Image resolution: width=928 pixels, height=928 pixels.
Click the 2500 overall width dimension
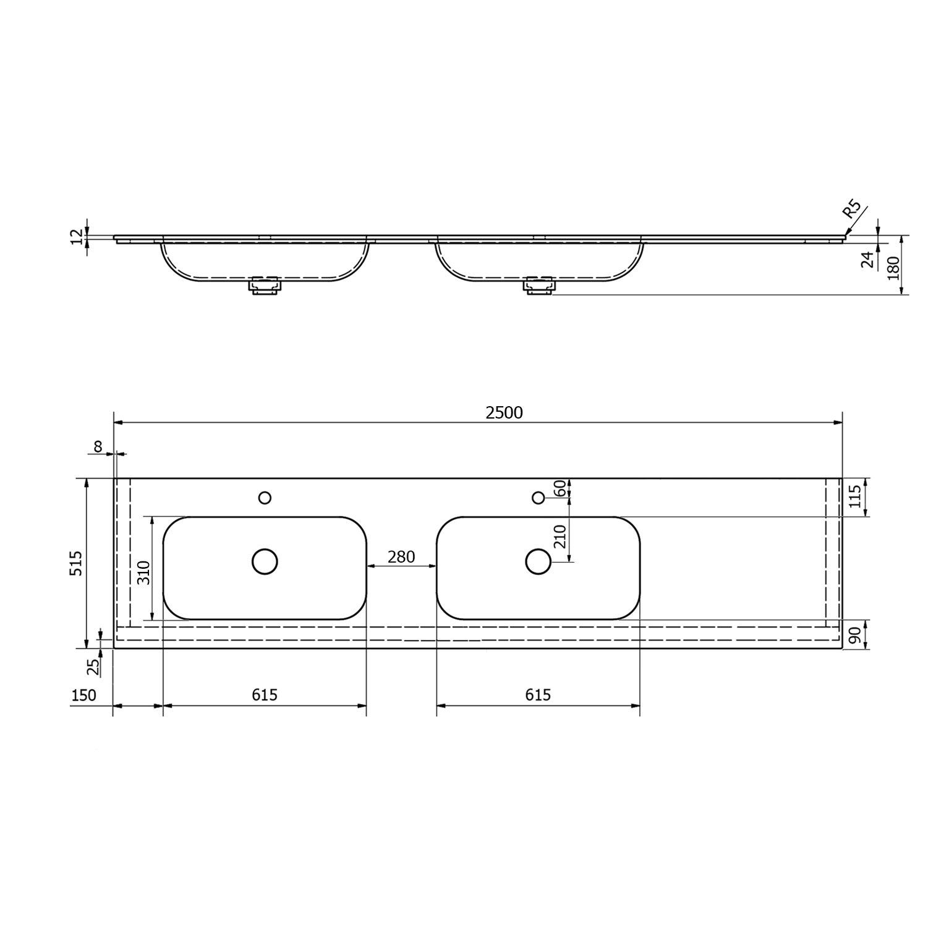click(504, 412)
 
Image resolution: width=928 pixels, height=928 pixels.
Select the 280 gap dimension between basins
click(401, 557)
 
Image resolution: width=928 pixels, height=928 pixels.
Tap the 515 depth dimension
click(76, 563)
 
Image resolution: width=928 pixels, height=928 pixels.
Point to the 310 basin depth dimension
click(143, 572)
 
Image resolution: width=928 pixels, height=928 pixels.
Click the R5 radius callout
click(853, 210)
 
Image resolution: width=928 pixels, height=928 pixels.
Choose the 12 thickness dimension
click(77, 237)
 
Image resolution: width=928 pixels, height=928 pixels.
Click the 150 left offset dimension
click(83, 695)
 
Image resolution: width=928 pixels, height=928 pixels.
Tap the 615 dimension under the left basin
click(265, 695)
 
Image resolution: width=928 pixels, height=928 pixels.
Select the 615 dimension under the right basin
click(538, 695)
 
